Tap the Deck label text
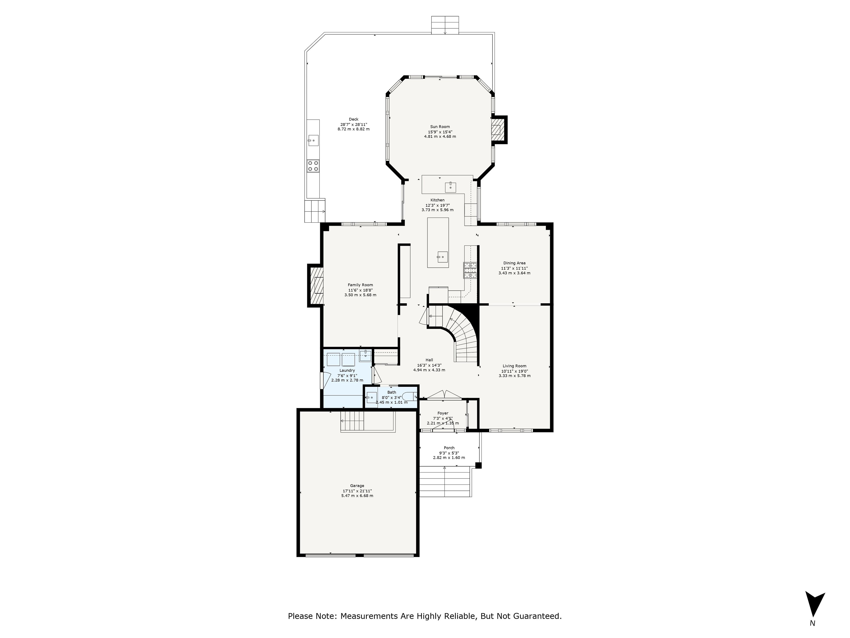(x=354, y=119)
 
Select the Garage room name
(x=357, y=486)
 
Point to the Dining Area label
(x=514, y=263)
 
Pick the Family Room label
(x=360, y=285)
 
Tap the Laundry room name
(x=347, y=370)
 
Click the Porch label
(x=449, y=448)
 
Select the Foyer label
(x=443, y=413)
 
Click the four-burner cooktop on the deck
(x=313, y=166)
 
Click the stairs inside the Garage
(x=352, y=421)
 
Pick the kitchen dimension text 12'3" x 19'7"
(x=437, y=205)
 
